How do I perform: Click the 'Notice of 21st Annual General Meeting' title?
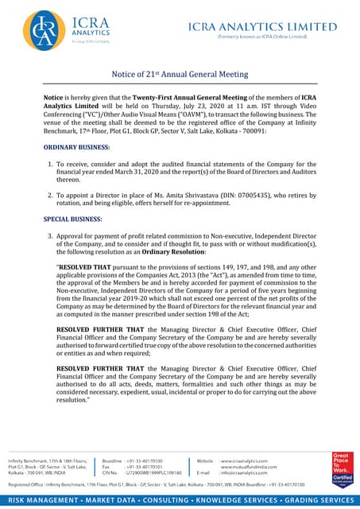point(180,74)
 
